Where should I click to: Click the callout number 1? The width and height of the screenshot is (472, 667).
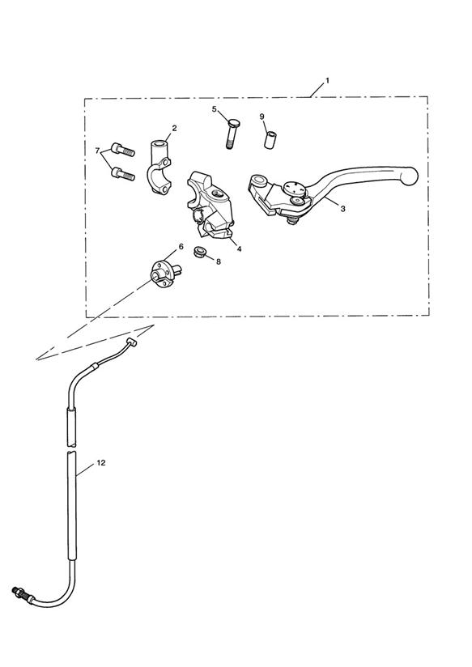(327, 80)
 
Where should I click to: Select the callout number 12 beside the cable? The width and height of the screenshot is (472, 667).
(101, 463)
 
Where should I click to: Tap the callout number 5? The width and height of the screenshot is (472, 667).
(214, 109)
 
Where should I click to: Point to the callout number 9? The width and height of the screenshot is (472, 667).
(262, 116)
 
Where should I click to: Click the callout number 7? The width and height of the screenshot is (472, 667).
(97, 151)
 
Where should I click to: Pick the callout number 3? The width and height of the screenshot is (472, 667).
(342, 209)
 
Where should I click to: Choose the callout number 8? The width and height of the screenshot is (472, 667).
(219, 261)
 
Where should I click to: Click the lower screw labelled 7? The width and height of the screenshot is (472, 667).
(122, 173)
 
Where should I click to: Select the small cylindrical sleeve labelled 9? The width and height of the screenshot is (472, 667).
(270, 140)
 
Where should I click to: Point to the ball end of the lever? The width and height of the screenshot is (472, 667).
(410, 176)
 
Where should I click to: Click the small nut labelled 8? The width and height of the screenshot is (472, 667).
(200, 252)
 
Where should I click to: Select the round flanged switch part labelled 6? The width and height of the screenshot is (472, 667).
(165, 273)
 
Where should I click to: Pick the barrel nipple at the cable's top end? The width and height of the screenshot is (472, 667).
(132, 342)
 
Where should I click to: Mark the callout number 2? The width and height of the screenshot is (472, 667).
(174, 128)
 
